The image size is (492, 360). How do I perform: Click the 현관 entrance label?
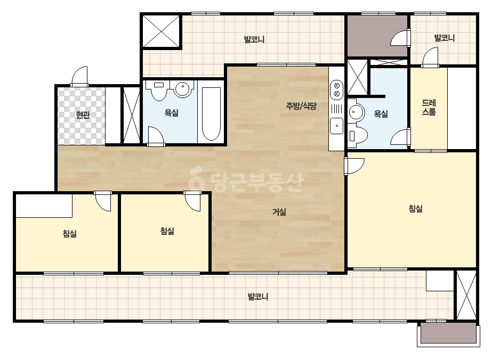(83, 115)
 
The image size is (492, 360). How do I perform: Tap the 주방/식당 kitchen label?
(301, 106)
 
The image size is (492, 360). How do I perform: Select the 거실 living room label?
(279, 212)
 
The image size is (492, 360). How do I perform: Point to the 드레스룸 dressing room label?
(429, 108)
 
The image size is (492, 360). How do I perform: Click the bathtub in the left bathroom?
(211, 113)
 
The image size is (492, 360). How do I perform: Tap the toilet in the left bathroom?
(159, 91)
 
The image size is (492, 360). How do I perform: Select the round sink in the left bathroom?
(183, 89)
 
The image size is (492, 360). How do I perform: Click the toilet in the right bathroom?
(357, 135)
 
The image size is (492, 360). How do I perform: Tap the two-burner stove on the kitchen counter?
(337, 89)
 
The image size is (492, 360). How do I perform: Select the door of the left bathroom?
(156, 136)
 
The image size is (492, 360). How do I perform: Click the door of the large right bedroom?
(354, 166)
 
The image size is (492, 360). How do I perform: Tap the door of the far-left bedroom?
(103, 201)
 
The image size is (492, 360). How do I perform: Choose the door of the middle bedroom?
(192, 201)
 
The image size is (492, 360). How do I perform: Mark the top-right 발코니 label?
(445, 38)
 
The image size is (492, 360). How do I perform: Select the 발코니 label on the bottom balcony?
(258, 297)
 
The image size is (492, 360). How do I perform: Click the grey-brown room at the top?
(377, 36)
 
